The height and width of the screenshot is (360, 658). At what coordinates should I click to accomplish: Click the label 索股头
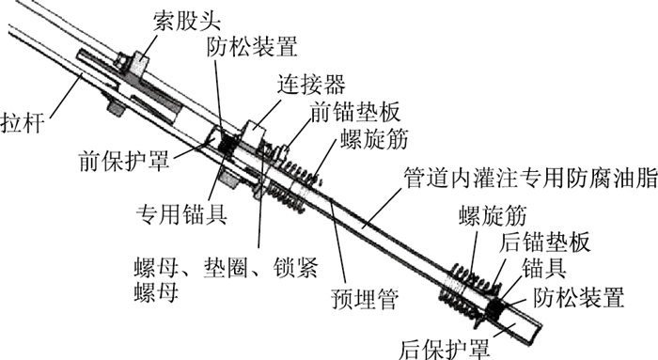(x=186, y=20)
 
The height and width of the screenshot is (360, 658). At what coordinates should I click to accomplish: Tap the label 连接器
(x=311, y=84)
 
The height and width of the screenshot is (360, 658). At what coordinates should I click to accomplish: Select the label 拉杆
(x=23, y=123)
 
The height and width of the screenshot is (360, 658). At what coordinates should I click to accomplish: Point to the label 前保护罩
(x=124, y=161)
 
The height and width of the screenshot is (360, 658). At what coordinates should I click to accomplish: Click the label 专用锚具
(x=181, y=214)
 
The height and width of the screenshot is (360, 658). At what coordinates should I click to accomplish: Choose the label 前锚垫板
(x=355, y=112)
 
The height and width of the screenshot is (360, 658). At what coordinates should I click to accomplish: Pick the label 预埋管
(x=365, y=299)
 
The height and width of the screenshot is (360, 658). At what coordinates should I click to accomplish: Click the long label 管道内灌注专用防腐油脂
(x=530, y=178)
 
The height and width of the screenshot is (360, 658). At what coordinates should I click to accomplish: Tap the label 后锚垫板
(x=544, y=242)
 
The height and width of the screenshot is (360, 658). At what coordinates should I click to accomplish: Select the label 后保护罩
(x=444, y=349)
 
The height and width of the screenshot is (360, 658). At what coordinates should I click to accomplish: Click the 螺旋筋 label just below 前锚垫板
(x=374, y=138)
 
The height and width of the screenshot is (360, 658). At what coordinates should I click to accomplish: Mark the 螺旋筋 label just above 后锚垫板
(x=493, y=215)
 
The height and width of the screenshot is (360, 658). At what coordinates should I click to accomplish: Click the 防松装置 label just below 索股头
(x=252, y=46)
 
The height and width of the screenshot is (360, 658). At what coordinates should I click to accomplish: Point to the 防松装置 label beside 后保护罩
(x=579, y=297)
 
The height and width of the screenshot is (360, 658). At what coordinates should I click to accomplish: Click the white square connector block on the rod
(x=255, y=133)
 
